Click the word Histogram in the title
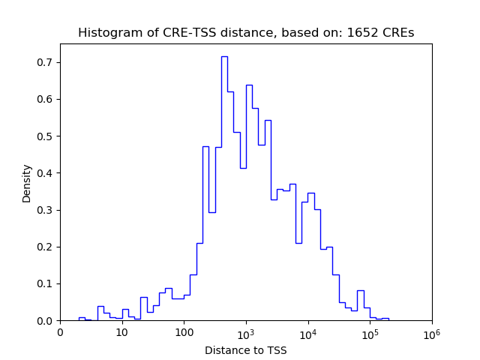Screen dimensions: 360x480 click(x=105, y=33)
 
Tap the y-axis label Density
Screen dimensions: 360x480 click(x=27, y=183)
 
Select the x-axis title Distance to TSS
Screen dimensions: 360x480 click(x=246, y=350)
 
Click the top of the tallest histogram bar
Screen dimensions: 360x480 click(x=224, y=56)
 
